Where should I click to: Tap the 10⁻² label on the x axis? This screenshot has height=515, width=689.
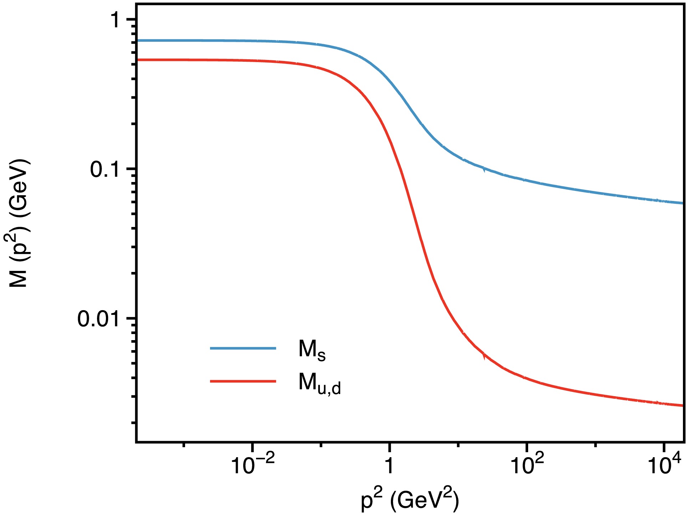pos(253,465)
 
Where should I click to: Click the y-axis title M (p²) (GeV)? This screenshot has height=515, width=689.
pos(19,223)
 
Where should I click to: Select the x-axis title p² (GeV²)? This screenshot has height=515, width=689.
pos(410,500)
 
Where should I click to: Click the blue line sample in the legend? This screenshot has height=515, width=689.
pos(243,348)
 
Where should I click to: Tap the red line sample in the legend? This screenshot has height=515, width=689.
pos(243,382)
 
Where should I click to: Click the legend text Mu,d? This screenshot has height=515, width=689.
pos(320,384)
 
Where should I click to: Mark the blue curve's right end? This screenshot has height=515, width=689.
pos(683,203)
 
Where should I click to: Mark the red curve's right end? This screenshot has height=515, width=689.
pos(683,405)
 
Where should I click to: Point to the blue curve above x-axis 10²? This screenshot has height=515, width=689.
pos(527,180)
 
